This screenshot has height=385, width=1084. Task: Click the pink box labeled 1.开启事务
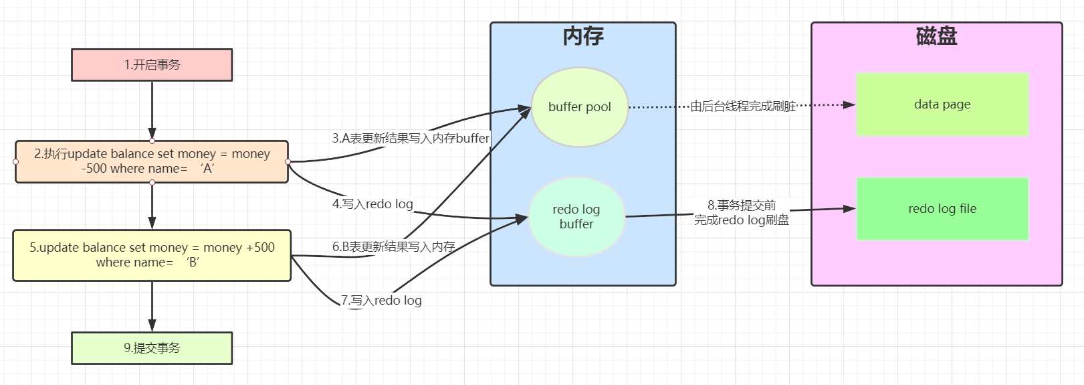pyautogui.click(x=152, y=65)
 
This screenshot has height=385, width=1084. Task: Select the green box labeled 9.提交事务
pyautogui.click(x=152, y=348)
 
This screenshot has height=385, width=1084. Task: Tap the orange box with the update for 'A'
pyautogui.click(x=152, y=161)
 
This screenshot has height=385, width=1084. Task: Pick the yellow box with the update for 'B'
pyautogui.click(x=152, y=255)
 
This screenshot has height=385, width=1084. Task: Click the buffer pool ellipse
pyautogui.click(x=580, y=107)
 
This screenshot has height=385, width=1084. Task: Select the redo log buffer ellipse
pyautogui.click(x=576, y=217)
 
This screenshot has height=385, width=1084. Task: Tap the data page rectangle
pyautogui.click(x=942, y=104)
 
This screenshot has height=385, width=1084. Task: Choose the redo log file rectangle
pyautogui.click(x=942, y=209)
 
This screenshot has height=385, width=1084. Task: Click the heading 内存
pyautogui.click(x=583, y=36)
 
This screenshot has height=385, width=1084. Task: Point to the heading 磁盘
pyautogui.click(x=936, y=36)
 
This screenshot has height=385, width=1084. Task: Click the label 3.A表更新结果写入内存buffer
pyautogui.click(x=411, y=139)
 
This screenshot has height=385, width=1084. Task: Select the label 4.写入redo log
pyautogui.click(x=372, y=204)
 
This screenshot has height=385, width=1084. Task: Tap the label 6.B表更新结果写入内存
pyautogui.click(x=393, y=247)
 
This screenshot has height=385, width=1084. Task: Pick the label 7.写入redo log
pyautogui.click(x=381, y=301)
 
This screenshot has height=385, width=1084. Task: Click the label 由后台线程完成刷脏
pyautogui.click(x=743, y=106)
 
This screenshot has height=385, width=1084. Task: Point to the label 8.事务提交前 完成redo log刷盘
pyautogui.click(x=742, y=213)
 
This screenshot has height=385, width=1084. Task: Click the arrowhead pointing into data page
pyautogui.click(x=849, y=105)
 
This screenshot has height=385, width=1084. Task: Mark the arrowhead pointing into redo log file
pyautogui.click(x=849, y=209)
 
